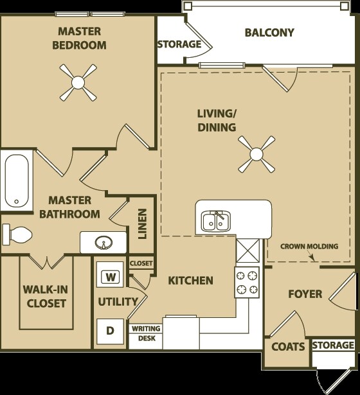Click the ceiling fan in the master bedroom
tap(78, 82)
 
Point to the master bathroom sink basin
tap(102, 243)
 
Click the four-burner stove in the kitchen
tap(247, 281)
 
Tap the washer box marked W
tap(111, 277)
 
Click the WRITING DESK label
tap(146, 333)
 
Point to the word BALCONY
tap(269, 33)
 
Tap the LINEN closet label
tap(143, 224)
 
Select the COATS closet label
tap(287, 347)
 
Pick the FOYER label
tap(304, 294)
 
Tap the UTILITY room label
tap(118, 302)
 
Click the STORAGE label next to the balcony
tap(179, 45)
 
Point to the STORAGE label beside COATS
tap(333, 346)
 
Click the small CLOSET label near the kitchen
tap(141, 263)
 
